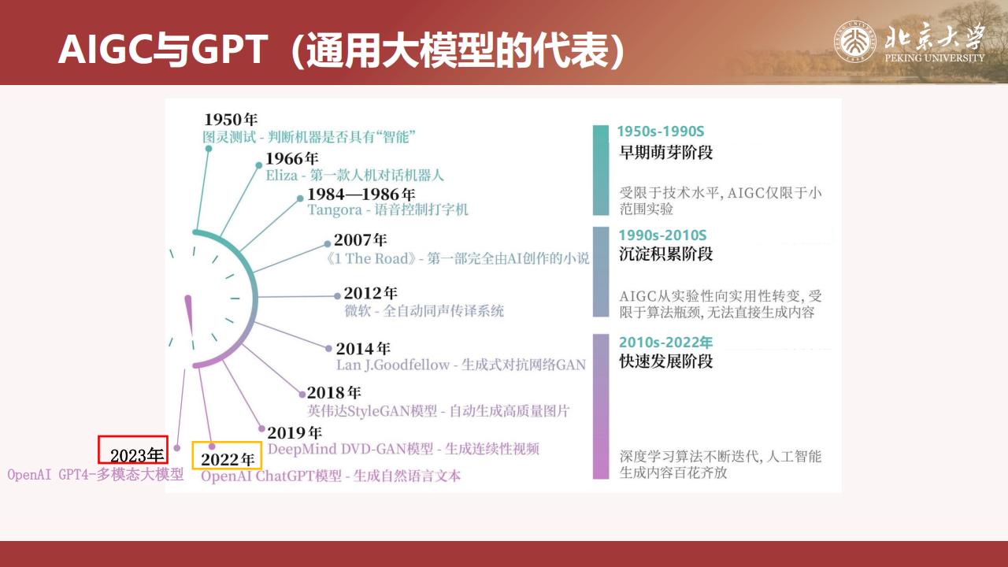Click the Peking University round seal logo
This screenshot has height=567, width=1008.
[854, 42]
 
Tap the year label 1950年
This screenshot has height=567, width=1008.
[231, 120]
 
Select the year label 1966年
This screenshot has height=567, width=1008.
[291, 158]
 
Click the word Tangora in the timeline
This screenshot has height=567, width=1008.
[335, 210]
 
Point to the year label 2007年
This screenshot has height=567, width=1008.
[360, 240]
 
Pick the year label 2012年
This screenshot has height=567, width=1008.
[370, 294]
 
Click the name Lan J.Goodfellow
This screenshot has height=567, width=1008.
[393, 365]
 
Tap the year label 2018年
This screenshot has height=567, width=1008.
[334, 393]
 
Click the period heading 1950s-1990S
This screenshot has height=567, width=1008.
[660, 132]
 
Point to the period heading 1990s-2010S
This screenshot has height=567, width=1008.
[662, 235]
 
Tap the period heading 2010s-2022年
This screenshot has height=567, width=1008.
[665, 343]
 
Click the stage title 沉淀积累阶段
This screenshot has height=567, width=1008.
[666, 254]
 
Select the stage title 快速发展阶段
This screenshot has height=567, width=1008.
[666, 361]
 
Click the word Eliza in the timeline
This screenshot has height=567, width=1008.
[282, 176]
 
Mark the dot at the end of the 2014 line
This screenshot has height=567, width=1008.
[328, 348]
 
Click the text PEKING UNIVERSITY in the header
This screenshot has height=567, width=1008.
[935, 58]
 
